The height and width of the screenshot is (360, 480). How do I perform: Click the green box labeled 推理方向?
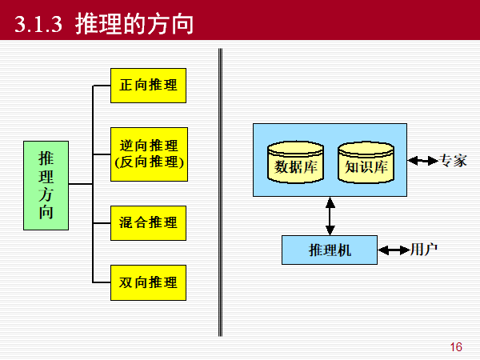pos(46,183)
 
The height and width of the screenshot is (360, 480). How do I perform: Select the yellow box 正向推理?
pos(149,85)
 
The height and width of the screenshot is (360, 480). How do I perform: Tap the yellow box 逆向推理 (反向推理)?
pos(149,154)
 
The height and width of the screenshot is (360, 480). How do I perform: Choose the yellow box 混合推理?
pos(149,222)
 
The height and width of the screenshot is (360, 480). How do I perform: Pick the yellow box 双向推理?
pos(149,282)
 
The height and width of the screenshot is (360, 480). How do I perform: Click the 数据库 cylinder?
pos(296,163)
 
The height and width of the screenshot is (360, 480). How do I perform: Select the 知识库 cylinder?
pos(366,163)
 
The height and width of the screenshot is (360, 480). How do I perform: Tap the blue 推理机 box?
pos(330,250)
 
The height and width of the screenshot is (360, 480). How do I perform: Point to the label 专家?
pos(454,161)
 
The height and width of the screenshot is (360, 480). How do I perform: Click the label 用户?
pos(424,250)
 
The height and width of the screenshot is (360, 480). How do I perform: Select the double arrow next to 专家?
pos(422,161)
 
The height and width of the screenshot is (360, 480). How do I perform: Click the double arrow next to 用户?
pos(393,250)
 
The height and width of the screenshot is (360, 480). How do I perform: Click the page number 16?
pos(456,347)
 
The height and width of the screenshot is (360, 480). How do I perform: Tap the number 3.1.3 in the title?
pos(39,25)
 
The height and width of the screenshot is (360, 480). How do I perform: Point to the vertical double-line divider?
pos(220,192)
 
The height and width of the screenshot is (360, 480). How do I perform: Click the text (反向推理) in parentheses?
pos(149,162)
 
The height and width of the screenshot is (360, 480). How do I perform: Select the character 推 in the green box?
pos(46,157)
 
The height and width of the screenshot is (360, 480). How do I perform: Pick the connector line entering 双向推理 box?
pos(102,282)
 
